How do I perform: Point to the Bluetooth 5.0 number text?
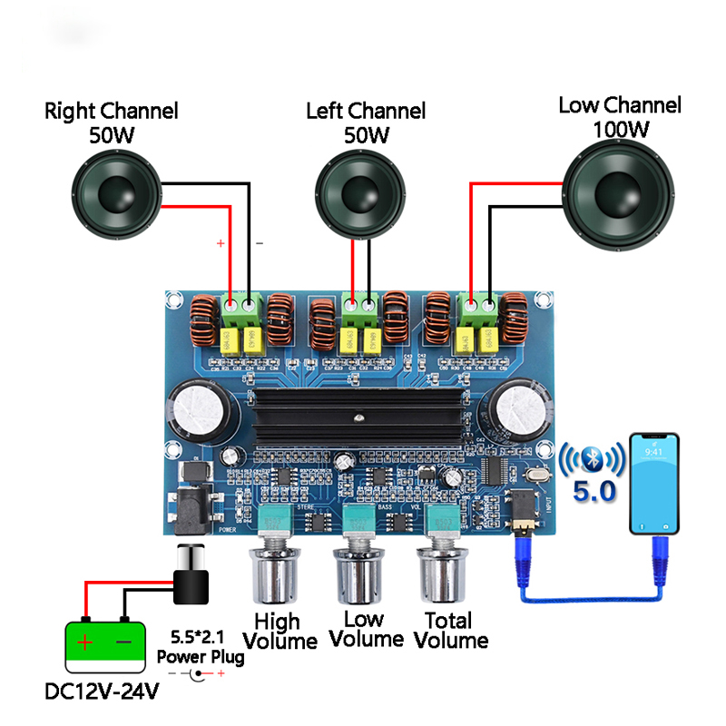pyautogui.click(x=594, y=492)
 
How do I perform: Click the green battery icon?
pyautogui.click(x=105, y=645)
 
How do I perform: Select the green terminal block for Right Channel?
pyautogui.click(x=240, y=309)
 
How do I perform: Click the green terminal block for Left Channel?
pyautogui.click(x=360, y=309)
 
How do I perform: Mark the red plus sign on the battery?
pyautogui.click(x=84, y=644)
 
